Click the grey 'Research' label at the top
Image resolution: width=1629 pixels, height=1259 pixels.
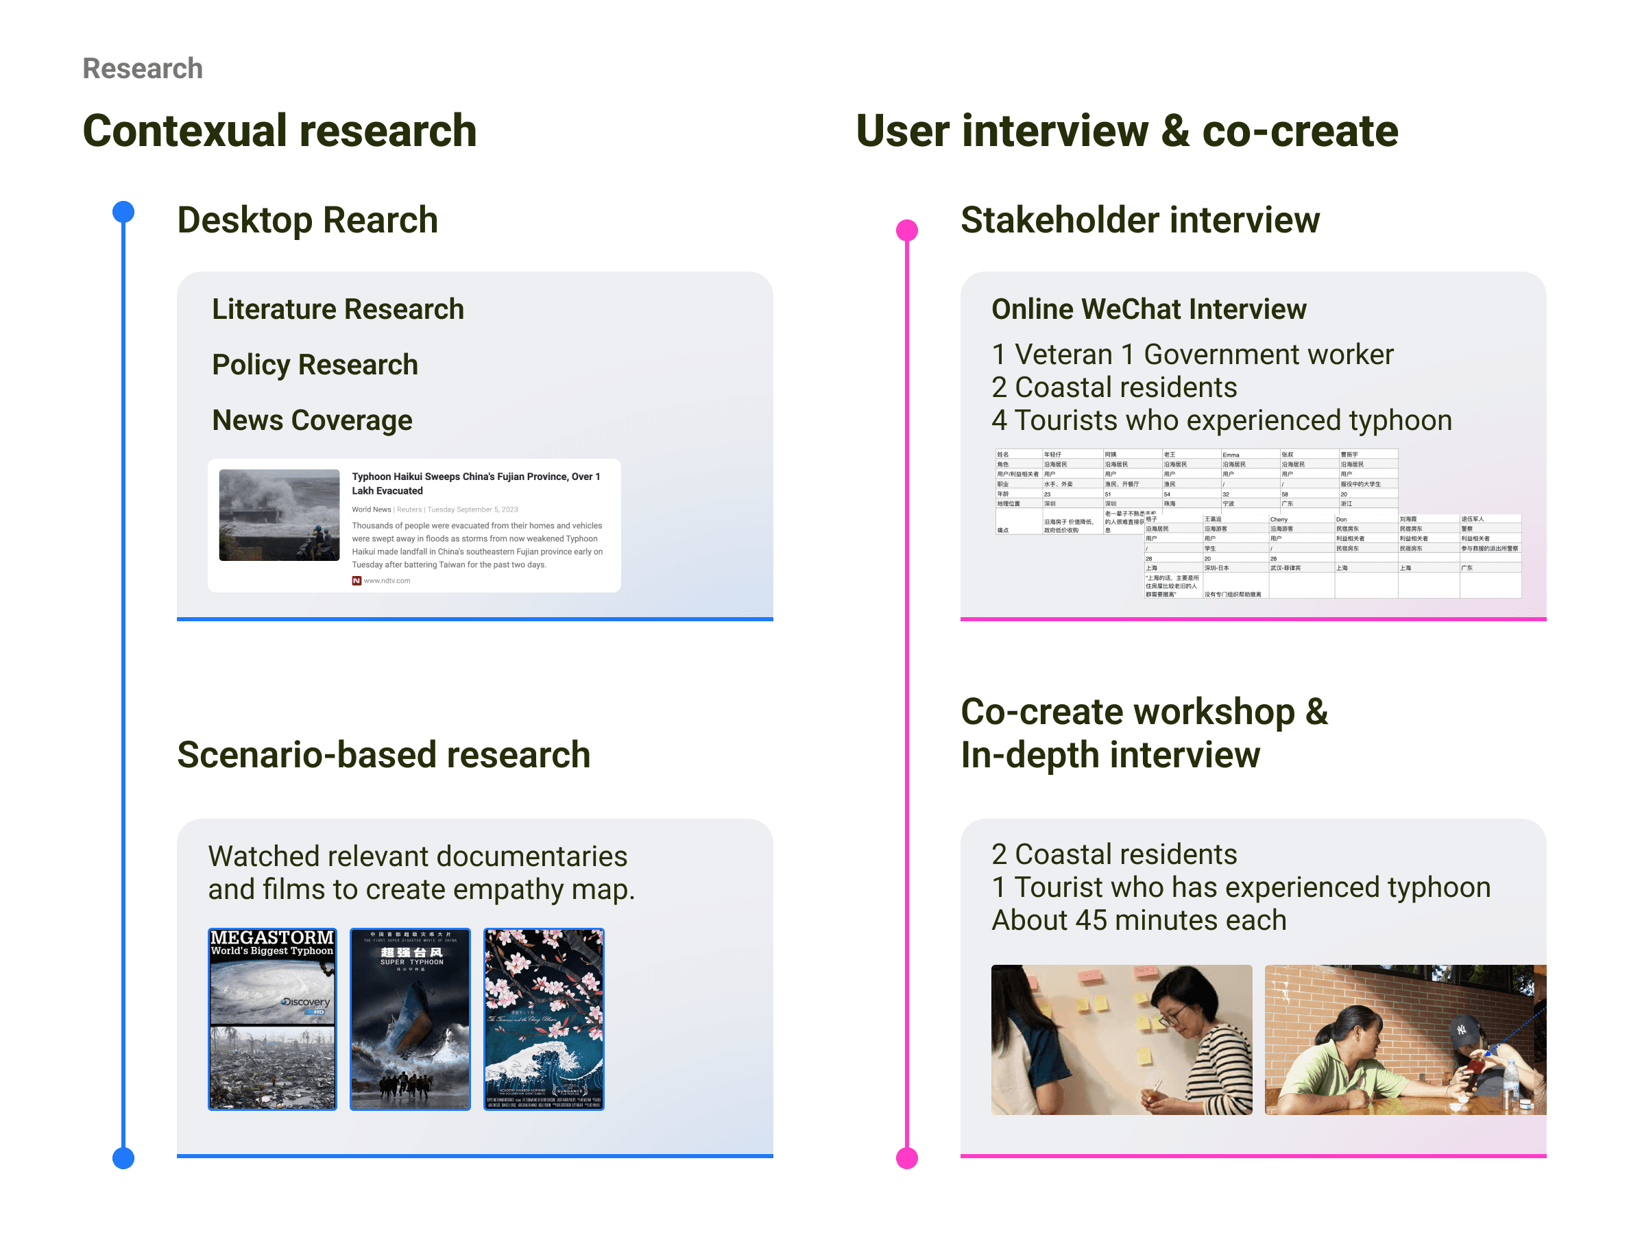point(143,69)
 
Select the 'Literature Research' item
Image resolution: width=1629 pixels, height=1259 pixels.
point(338,309)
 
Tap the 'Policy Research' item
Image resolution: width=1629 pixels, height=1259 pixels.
point(315,365)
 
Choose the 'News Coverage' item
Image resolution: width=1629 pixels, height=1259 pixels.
point(312,420)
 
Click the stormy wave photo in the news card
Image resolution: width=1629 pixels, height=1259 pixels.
point(279,514)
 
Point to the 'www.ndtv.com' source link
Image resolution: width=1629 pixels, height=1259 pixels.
point(387,581)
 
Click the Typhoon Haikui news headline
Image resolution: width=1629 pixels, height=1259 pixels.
point(476,483)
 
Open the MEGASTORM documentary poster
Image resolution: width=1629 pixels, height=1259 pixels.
point(272,1019)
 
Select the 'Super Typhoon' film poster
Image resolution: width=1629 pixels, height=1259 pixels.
point(410,1019)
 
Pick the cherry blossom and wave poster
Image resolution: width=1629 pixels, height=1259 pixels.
point(544,1019)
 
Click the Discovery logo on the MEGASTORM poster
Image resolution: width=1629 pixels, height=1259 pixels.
point(306,1003)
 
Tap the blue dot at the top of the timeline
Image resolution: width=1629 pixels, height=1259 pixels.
point(123,212)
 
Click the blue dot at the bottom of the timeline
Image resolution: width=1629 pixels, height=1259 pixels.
point(123,1158)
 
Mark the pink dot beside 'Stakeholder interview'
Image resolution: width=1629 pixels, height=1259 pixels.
point(906,230)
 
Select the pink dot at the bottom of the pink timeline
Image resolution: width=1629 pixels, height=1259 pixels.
point(906,1158)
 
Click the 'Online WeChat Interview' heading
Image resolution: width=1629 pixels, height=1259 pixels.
point(1148,309)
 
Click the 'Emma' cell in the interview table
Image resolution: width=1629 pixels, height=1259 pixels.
point(1231,454)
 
